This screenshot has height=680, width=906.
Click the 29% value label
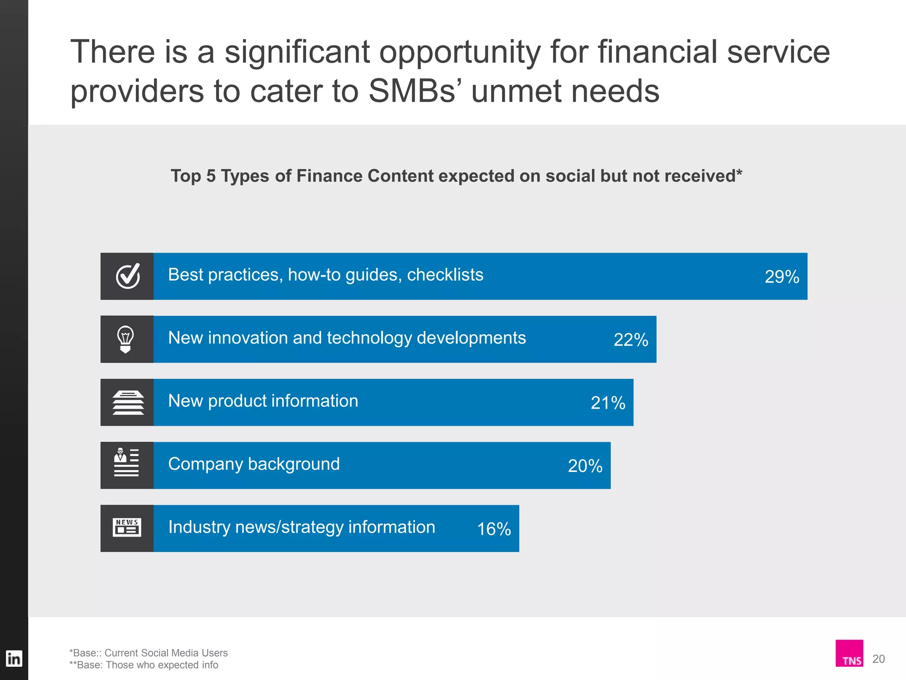click(782, 277)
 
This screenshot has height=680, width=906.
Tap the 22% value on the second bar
click(631, 340)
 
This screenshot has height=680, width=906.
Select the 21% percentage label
click(608, 403)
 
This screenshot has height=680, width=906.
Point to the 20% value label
click(585, 466)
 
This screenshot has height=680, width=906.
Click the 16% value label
click(494, 529)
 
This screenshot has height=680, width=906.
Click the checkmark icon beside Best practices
click(127, 276)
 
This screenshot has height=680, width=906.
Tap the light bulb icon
click(126, 339)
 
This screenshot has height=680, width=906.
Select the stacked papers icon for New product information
click(128, 402)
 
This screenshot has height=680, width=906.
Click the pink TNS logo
click(849, 653)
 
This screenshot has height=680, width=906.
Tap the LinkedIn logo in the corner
click(14, 659)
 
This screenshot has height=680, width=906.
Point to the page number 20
click(879, 659)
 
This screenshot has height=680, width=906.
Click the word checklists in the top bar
click(445, 275)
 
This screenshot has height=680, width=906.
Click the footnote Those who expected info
click(162, 665)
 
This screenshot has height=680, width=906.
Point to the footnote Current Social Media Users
click(166, 653)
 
